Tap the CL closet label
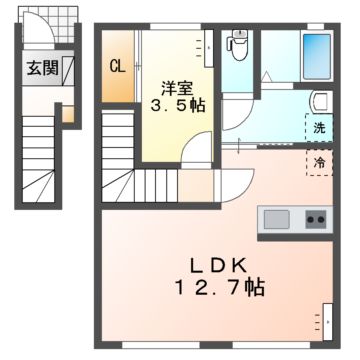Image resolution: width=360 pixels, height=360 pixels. coord(117,68)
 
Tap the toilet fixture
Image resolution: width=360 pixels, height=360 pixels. coord(239,44)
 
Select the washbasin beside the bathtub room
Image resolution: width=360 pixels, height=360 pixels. coord(319,100)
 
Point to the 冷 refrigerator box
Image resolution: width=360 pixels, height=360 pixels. coord(319,161)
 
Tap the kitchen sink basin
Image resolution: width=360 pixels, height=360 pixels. coord(275,218)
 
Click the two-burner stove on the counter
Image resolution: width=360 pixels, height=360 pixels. coord(315,218)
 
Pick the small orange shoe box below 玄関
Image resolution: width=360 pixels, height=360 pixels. coord(68,113)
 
